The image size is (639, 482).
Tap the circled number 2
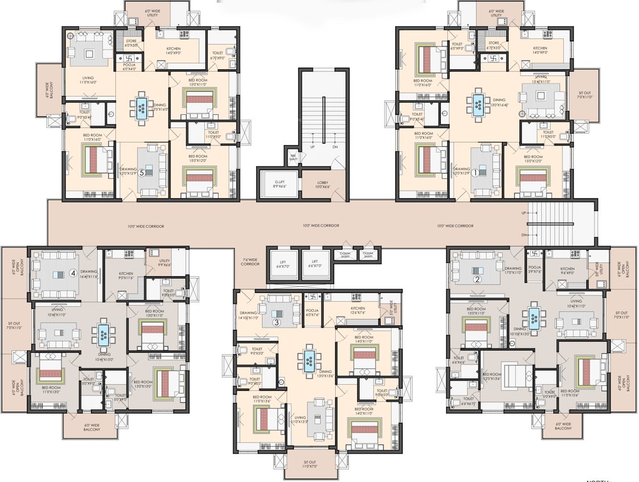coord(477,279)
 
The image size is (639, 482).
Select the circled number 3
coord(276,323)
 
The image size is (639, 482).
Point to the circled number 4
coord(73,273)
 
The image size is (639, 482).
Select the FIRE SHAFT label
coord(293,158)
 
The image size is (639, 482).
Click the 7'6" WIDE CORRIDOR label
coord(251,262)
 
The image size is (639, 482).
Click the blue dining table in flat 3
coord(309,360)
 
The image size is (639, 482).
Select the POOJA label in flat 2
coord(534,253)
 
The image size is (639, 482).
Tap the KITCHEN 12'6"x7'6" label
coord(358,311)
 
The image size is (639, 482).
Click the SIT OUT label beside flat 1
coord(583,95)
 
